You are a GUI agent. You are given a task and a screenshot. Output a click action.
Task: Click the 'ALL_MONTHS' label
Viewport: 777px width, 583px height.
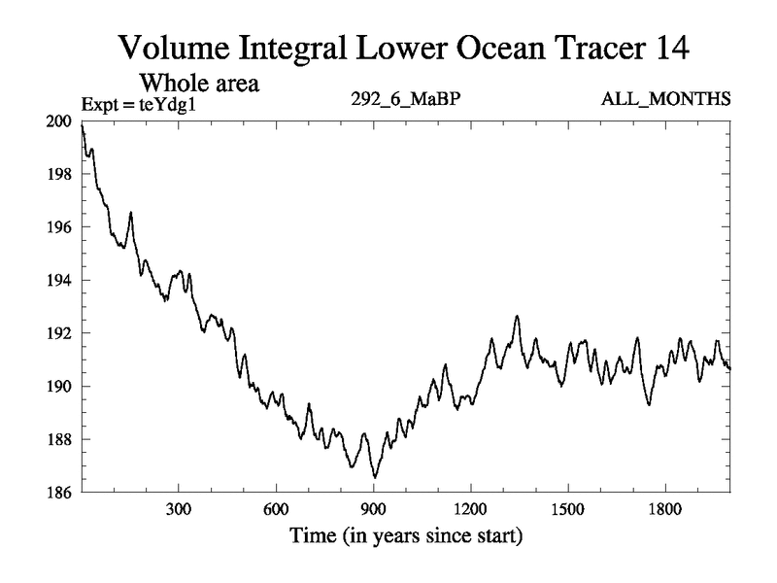click(x=679, y=99)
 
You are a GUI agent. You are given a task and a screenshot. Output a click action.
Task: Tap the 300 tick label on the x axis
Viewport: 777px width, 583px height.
click(x=179, y=509)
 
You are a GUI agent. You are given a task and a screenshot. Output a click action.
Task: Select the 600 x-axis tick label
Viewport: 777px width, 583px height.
click(x=276, y=509)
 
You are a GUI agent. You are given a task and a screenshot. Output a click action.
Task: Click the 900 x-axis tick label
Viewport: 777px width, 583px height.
click(x=373, y=509)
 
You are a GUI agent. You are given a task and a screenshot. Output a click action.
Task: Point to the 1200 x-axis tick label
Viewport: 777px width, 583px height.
click(x=470, y=509)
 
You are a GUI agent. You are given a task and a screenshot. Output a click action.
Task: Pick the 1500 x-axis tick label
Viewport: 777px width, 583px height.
click(x=567, y=509)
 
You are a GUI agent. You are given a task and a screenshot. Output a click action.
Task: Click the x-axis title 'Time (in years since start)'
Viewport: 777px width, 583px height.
click(x=406, y=535)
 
